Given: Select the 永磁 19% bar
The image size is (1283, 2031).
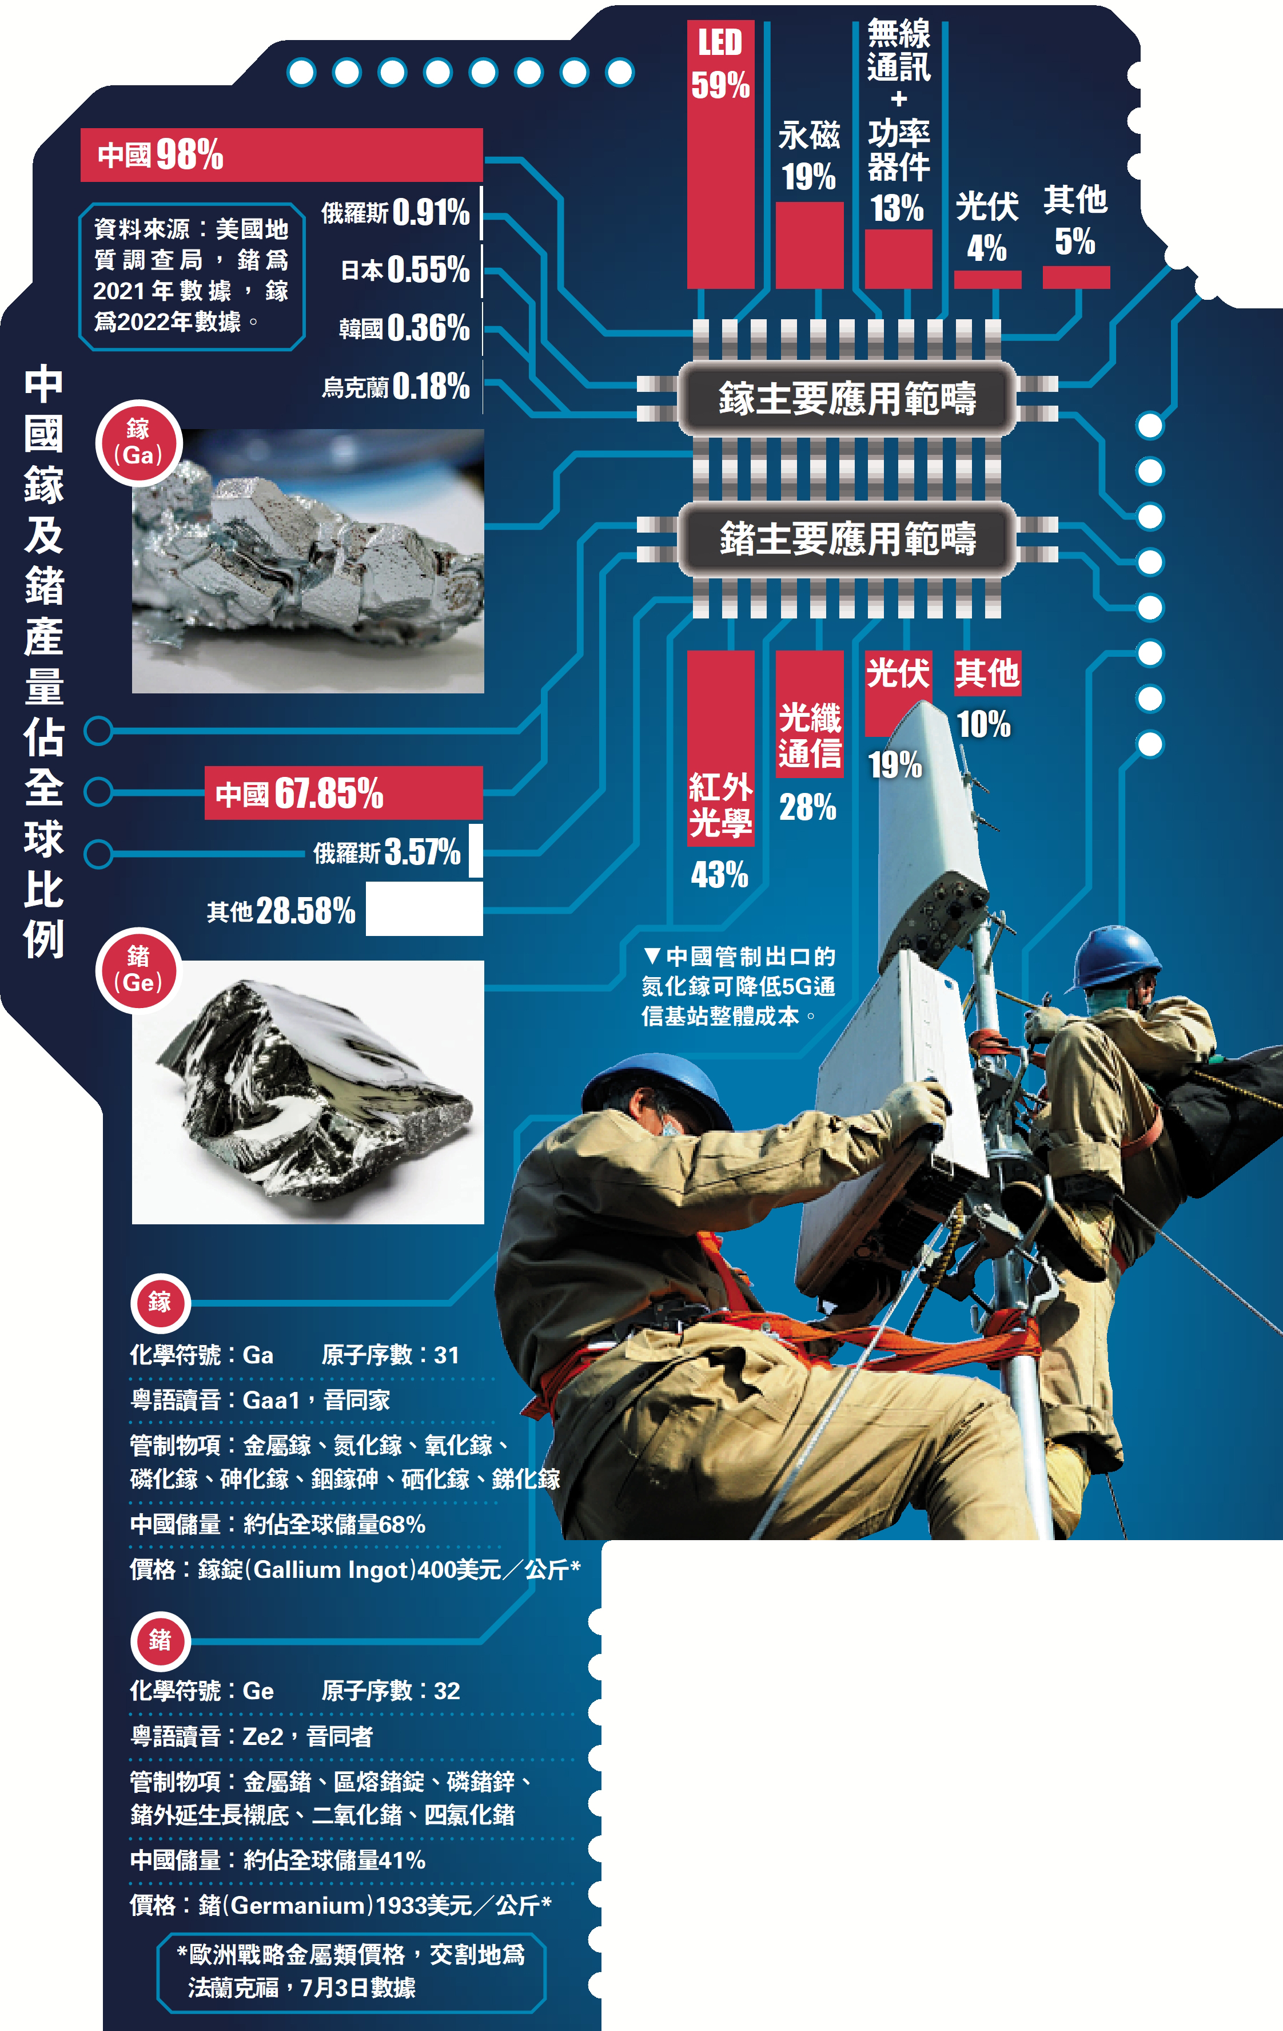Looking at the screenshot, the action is tap(809, 245).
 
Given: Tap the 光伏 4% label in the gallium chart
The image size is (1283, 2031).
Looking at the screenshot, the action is tap(987, 226).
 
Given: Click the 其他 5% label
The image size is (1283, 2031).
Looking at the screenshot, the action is tap(1075, 220).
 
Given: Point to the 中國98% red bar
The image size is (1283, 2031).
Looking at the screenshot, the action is tap(281, 154).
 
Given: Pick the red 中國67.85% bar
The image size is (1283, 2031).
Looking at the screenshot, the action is tap(344, 793).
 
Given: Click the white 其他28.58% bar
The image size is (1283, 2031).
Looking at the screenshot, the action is tap(424, 909).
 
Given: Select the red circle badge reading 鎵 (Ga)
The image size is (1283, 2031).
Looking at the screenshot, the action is tap(138, 443).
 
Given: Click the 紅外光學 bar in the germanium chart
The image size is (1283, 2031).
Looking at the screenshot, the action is tap(721, 747).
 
